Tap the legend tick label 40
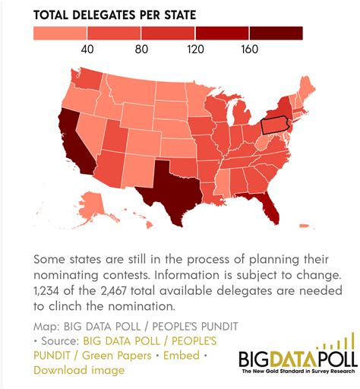point(87,49)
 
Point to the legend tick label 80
point(141,49)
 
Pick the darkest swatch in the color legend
point(276,33)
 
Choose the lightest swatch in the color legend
point(61,33)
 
